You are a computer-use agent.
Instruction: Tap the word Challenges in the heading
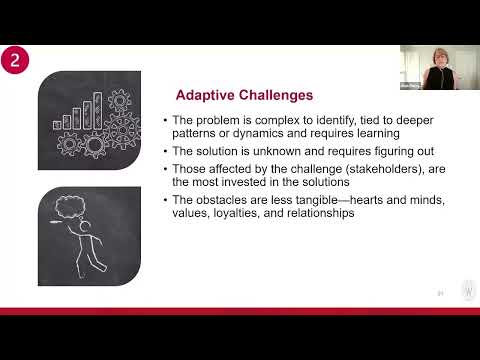270,96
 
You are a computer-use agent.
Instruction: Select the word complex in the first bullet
259,121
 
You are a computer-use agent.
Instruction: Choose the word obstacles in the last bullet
222,200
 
